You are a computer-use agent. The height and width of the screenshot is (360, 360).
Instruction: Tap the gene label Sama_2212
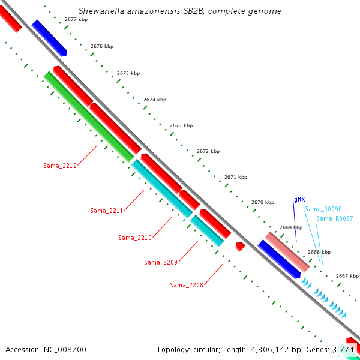click(x=60, y=166)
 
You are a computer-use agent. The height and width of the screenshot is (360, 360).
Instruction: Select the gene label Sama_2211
click(x=106, y=211)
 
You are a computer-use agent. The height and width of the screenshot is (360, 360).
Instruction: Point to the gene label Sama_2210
click(x=134, y=238)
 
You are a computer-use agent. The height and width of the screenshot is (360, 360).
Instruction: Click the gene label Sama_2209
click(x=161, y=262)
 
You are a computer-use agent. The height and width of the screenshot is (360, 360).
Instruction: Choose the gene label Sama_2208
click(x=186, y=285)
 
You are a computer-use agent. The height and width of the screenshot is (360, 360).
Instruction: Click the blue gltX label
click(x=299, y=199)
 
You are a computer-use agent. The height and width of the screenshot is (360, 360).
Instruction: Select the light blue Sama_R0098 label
click(x=323, y=209)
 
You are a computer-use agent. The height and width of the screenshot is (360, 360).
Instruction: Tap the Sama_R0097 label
click(x=334, y=218)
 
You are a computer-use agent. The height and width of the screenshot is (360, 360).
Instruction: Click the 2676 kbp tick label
click(x=102, y=46)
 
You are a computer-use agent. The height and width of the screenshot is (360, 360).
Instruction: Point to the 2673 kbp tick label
click(x=181, y=125)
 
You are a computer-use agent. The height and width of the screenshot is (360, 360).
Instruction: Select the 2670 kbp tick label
click(x=263, y=202)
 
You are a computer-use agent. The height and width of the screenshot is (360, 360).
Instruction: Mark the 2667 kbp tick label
click(x=347, y=276)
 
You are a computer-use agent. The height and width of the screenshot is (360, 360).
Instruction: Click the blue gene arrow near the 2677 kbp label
click(x=49, y=37)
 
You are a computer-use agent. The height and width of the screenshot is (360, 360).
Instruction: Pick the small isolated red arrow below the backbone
click(x=240, y=246)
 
